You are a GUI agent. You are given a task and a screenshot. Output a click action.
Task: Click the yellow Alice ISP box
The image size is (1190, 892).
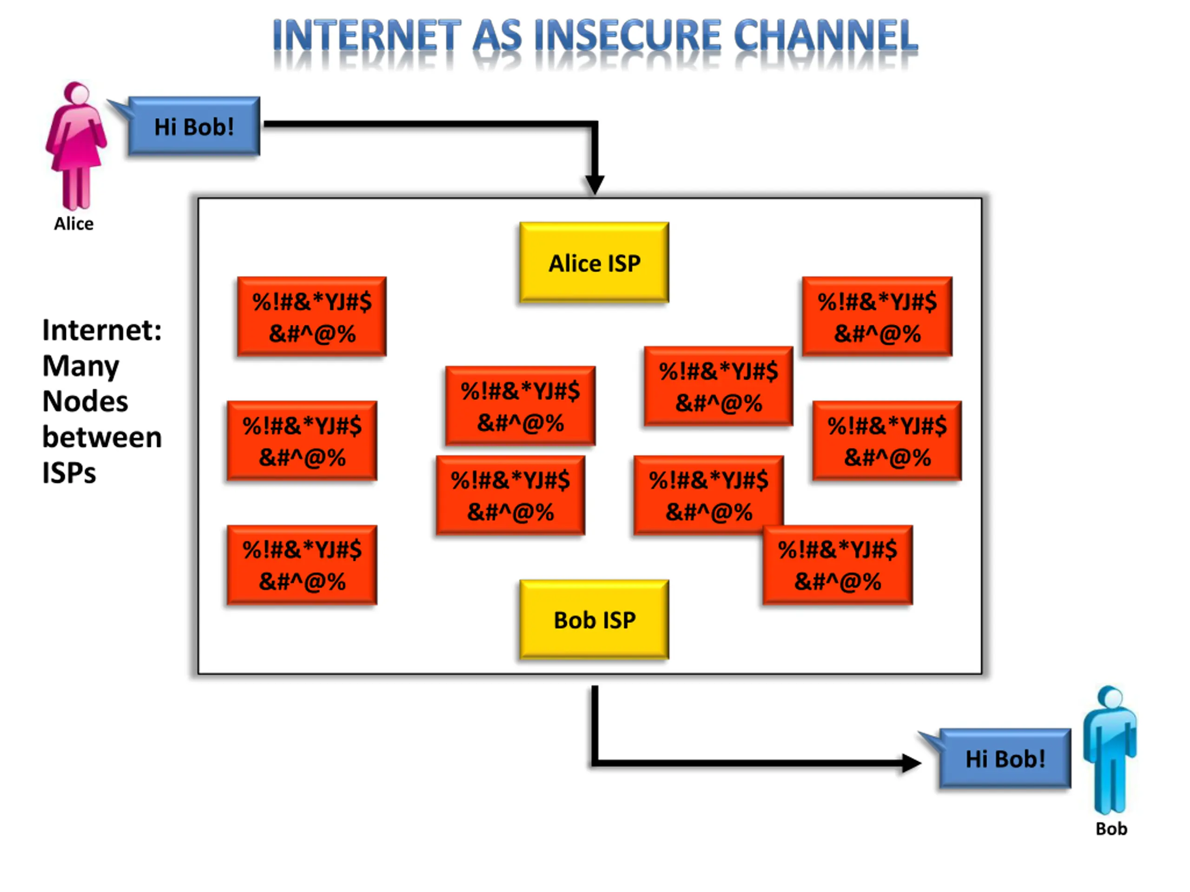pyautogui.click(x=594, y=262)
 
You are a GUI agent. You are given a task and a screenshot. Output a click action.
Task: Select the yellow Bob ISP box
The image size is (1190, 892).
pyautogui.click(x=594, y=619)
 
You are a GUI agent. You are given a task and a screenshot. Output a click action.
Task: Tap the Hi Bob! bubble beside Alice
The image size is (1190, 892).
pyautogui.click(x=194, y=126)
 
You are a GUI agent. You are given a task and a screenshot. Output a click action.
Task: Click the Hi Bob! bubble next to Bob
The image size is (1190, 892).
pyautogui.click(x=1004, y=758)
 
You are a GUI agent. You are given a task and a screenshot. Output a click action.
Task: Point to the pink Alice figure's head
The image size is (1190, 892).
pyautogui.click(x=76, y=92)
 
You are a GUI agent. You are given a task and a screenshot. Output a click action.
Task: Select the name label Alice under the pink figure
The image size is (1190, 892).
pyautogui.click(x=74, y=223)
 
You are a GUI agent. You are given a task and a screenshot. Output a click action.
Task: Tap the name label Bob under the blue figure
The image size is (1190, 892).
pyautogui.click(x=1111, y=828)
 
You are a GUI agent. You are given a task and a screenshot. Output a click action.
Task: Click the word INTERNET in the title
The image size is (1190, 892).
pyautogui.click(x=367, y=35)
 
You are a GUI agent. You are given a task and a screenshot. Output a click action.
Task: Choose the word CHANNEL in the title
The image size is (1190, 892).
pyautogui.click(x=826, y=35)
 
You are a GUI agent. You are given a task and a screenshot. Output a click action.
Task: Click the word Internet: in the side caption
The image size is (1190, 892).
pyautogui.click(x=102, y=329)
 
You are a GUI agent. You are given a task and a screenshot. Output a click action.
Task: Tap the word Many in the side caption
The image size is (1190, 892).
pyautogui.click(x=81, y=367)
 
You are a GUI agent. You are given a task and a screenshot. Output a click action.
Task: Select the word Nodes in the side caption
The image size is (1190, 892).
pyautogui.click(x=85, y=401)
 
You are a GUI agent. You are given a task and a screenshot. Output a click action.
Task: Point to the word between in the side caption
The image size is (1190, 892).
pyautogui.click(x=102, y=437)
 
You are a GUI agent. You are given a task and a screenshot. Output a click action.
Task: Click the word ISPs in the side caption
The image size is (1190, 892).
pyautogui.click(x=69, y=473)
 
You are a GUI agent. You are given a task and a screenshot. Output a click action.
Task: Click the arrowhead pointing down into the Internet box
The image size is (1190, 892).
pyautogui.click(x=595, y=184)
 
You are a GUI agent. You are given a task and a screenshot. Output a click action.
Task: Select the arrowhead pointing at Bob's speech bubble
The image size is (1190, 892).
pyautogui.click(x=911, y=763)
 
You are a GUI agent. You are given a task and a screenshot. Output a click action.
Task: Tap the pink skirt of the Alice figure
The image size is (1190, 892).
pyautogui.click(x=76, y=151)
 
